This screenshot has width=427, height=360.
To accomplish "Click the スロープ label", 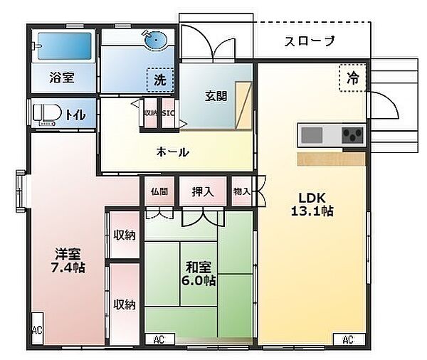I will [310, 41].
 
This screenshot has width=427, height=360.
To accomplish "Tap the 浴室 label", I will [62, 77].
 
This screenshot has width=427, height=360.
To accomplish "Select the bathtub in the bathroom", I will [64, 46].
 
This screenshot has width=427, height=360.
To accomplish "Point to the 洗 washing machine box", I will [160, 80].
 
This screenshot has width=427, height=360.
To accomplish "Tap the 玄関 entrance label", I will [216, 95].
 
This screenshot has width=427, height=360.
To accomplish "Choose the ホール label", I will [172, 152].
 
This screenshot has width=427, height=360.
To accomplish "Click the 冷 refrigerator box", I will [352, 78].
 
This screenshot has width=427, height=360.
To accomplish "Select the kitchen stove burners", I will [352, 134].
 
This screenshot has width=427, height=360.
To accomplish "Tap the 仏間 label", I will [159, 191].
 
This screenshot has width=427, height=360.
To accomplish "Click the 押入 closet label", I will [202, 191].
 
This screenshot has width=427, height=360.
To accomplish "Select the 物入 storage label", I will [242, 191].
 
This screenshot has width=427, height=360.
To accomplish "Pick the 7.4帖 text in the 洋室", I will [69, 268].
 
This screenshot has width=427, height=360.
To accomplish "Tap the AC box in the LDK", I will [347, 340].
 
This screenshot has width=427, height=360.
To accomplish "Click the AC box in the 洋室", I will [36, 330].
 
